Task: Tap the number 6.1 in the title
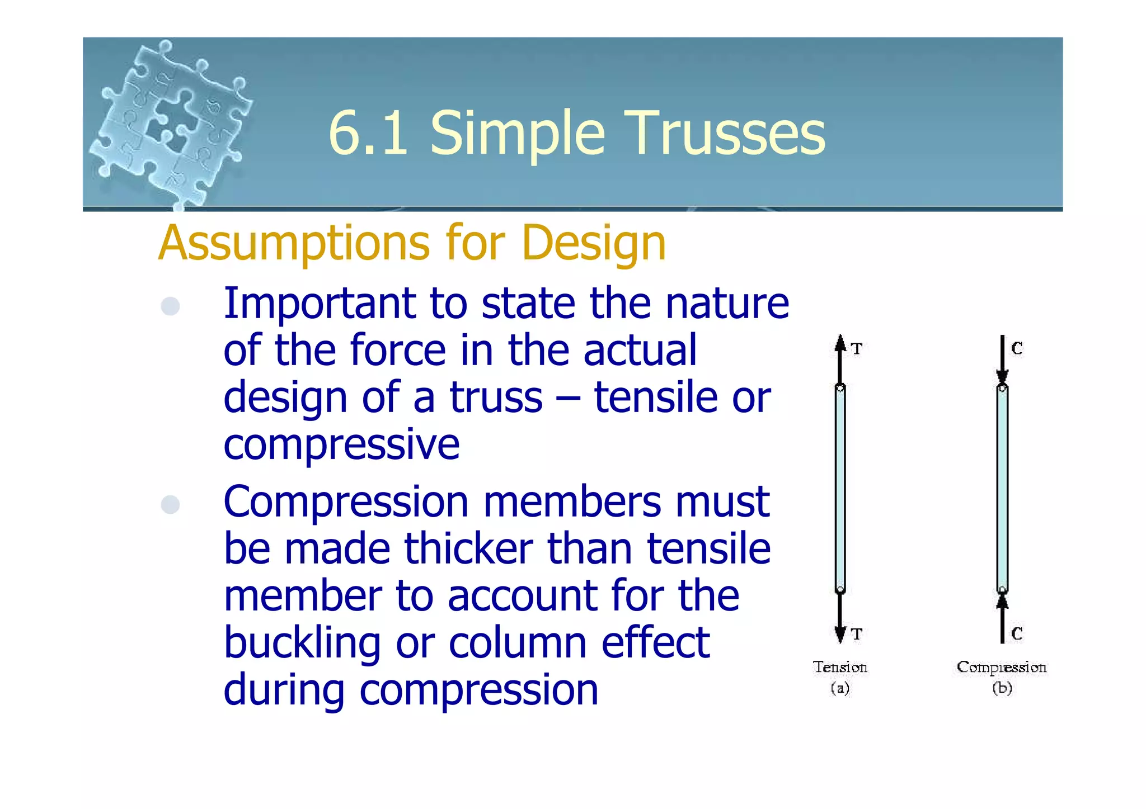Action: [368, 133]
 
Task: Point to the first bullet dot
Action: [170, 306]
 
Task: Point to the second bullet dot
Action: [170, 504]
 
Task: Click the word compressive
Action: [341, 445]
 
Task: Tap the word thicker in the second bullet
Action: [468, 548]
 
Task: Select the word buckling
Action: [302, 644]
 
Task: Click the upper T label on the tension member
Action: [857, 349]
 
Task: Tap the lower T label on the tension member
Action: [857, 634]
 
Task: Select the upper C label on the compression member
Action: [1017, 349]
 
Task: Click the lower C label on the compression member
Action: [1017, 634]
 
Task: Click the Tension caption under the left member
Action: [840, 667]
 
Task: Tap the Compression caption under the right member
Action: [1002, 667]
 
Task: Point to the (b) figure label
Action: [1002, 688]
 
